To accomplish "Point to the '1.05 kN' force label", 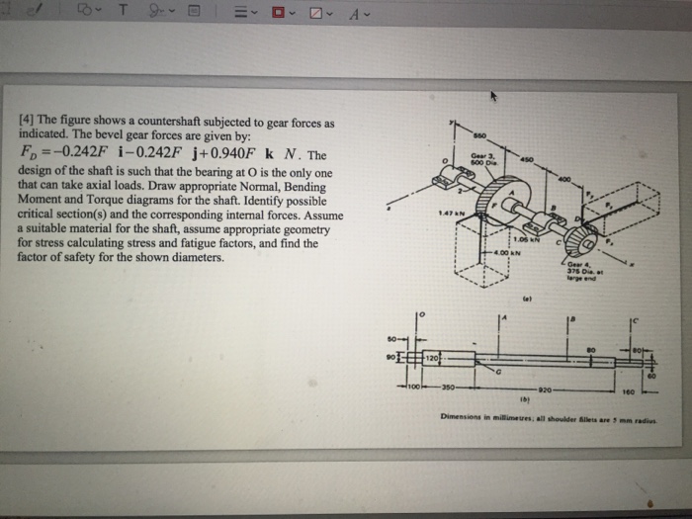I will [524, 238].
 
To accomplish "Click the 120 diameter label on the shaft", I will [433, 354].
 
